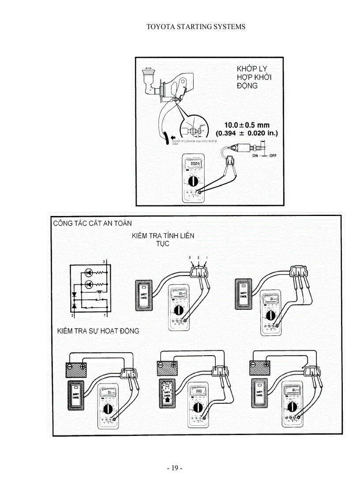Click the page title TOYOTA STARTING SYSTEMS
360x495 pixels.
[195, 27]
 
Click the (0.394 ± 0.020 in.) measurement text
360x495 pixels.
[247, 133]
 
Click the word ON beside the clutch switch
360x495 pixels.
[255, 156]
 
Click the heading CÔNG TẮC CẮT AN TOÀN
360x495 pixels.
[92, 223]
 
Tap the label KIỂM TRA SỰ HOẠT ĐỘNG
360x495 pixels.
[97, 331]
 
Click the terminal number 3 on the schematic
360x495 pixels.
[104, 262]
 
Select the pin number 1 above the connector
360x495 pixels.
[206, 257]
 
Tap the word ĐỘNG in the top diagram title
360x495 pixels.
[247, 86]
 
